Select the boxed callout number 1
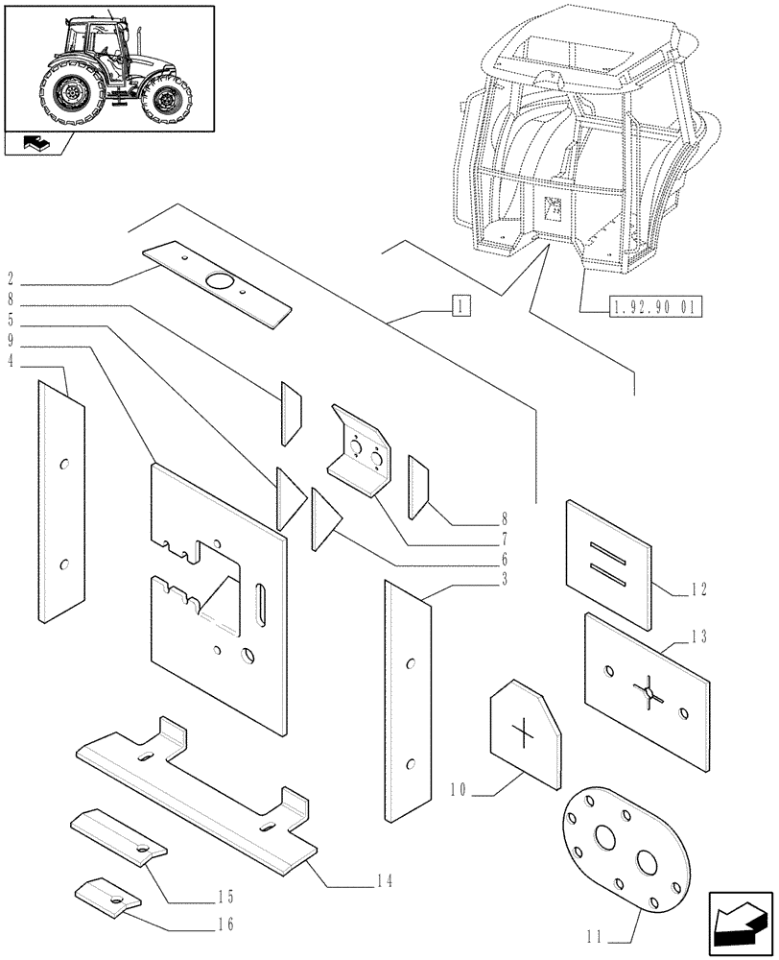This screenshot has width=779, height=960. click(461, 307)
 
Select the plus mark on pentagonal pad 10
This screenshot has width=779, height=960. click(524, 734)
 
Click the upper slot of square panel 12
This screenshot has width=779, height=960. click(609, 550)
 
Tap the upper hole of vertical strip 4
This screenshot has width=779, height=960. click(63, 465)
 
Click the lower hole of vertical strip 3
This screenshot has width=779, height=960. click(410, 764)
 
